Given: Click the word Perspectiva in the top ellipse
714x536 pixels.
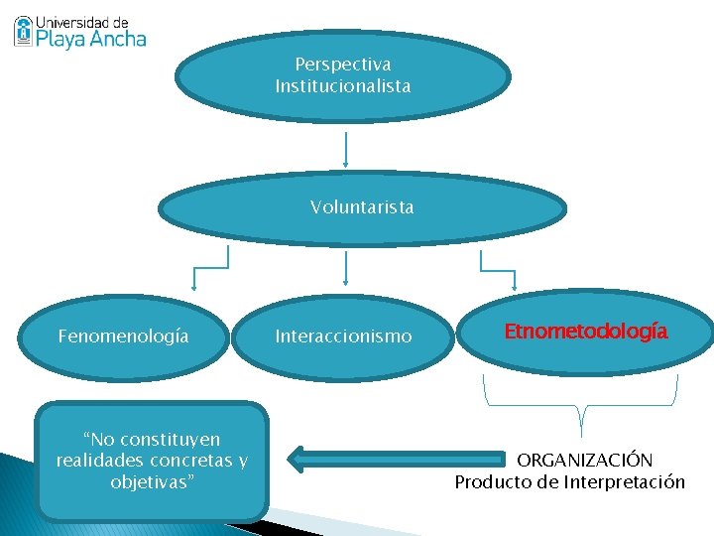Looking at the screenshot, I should tap(343, 65).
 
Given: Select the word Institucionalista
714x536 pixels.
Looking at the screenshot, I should tap(343, 86).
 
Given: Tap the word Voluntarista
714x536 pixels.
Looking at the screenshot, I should tap(362, 207).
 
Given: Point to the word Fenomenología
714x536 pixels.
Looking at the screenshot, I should tap(123, 336).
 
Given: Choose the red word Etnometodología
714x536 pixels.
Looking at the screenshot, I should tap(586, 332).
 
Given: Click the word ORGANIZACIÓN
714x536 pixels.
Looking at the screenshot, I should tap(585, 461).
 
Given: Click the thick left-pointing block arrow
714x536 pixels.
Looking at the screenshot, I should tap(397, 459).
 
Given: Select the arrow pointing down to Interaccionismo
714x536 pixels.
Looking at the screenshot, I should tap(345, 270).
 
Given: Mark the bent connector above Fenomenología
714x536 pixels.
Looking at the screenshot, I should tap(210, 262).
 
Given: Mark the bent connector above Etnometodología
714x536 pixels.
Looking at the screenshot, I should tap(495, 262).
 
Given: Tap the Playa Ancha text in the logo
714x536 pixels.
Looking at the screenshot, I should tap(91, 39).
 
